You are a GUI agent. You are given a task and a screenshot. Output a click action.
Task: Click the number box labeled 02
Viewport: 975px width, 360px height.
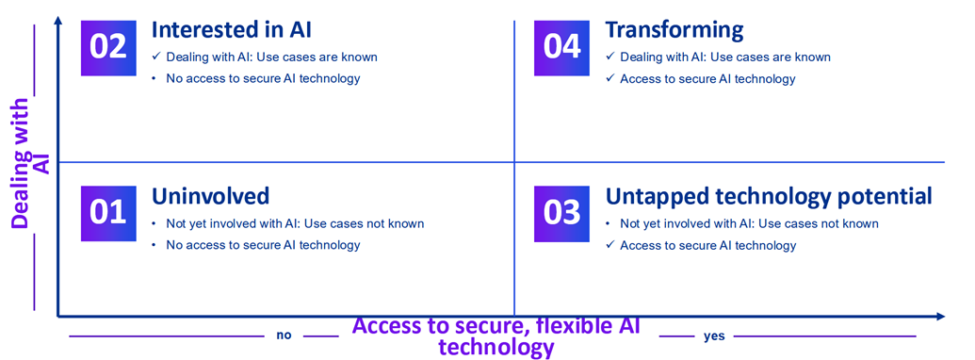click(108, 46)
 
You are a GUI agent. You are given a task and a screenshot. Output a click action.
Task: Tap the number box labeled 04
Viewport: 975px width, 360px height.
click(562, 46)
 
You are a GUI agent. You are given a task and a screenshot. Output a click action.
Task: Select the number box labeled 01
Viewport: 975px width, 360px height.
click(108, 213)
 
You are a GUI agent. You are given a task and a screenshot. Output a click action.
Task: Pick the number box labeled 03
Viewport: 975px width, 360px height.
click(562, 213)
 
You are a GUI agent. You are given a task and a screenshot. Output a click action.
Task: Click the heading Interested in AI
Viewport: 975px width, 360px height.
click(232, 30)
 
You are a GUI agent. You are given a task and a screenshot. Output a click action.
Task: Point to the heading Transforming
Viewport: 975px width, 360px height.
click(674, 30)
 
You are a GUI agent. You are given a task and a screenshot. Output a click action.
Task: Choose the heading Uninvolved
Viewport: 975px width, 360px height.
click(210, 196)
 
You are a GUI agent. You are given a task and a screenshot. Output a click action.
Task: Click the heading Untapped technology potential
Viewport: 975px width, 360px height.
click(769, 196)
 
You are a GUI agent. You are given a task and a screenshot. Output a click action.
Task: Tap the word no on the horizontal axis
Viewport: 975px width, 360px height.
click(283, 335)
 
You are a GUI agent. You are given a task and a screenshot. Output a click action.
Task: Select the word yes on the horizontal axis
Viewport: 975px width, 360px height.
click(713, 335)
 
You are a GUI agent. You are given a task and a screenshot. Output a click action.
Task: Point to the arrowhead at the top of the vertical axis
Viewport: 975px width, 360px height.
click(58, 22)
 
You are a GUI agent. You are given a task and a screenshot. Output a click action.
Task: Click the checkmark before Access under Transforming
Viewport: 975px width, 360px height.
click(609, 79)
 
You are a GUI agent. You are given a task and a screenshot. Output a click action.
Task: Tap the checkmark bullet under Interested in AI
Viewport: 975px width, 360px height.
click(156, 57)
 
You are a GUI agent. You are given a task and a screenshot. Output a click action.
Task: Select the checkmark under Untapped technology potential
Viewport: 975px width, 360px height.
click(609, 246)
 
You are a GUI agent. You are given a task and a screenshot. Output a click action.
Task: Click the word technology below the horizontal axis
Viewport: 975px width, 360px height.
click(496, 347)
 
